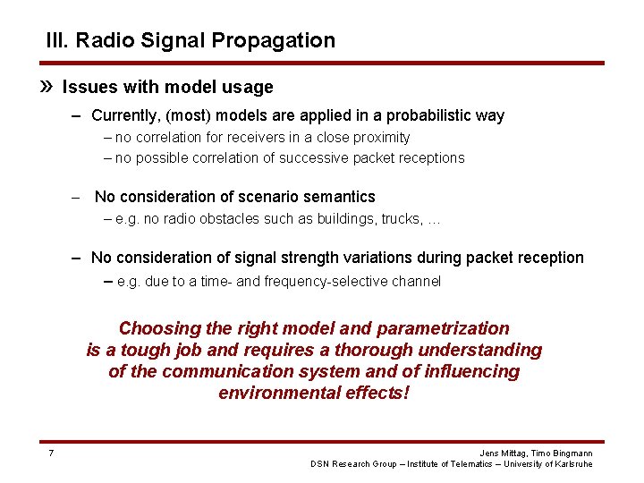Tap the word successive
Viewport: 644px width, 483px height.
coord(310,157)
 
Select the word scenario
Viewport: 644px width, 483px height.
coord(264,196)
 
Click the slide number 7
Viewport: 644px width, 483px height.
coord(51,453)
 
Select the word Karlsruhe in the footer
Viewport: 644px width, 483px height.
coord(572,463)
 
